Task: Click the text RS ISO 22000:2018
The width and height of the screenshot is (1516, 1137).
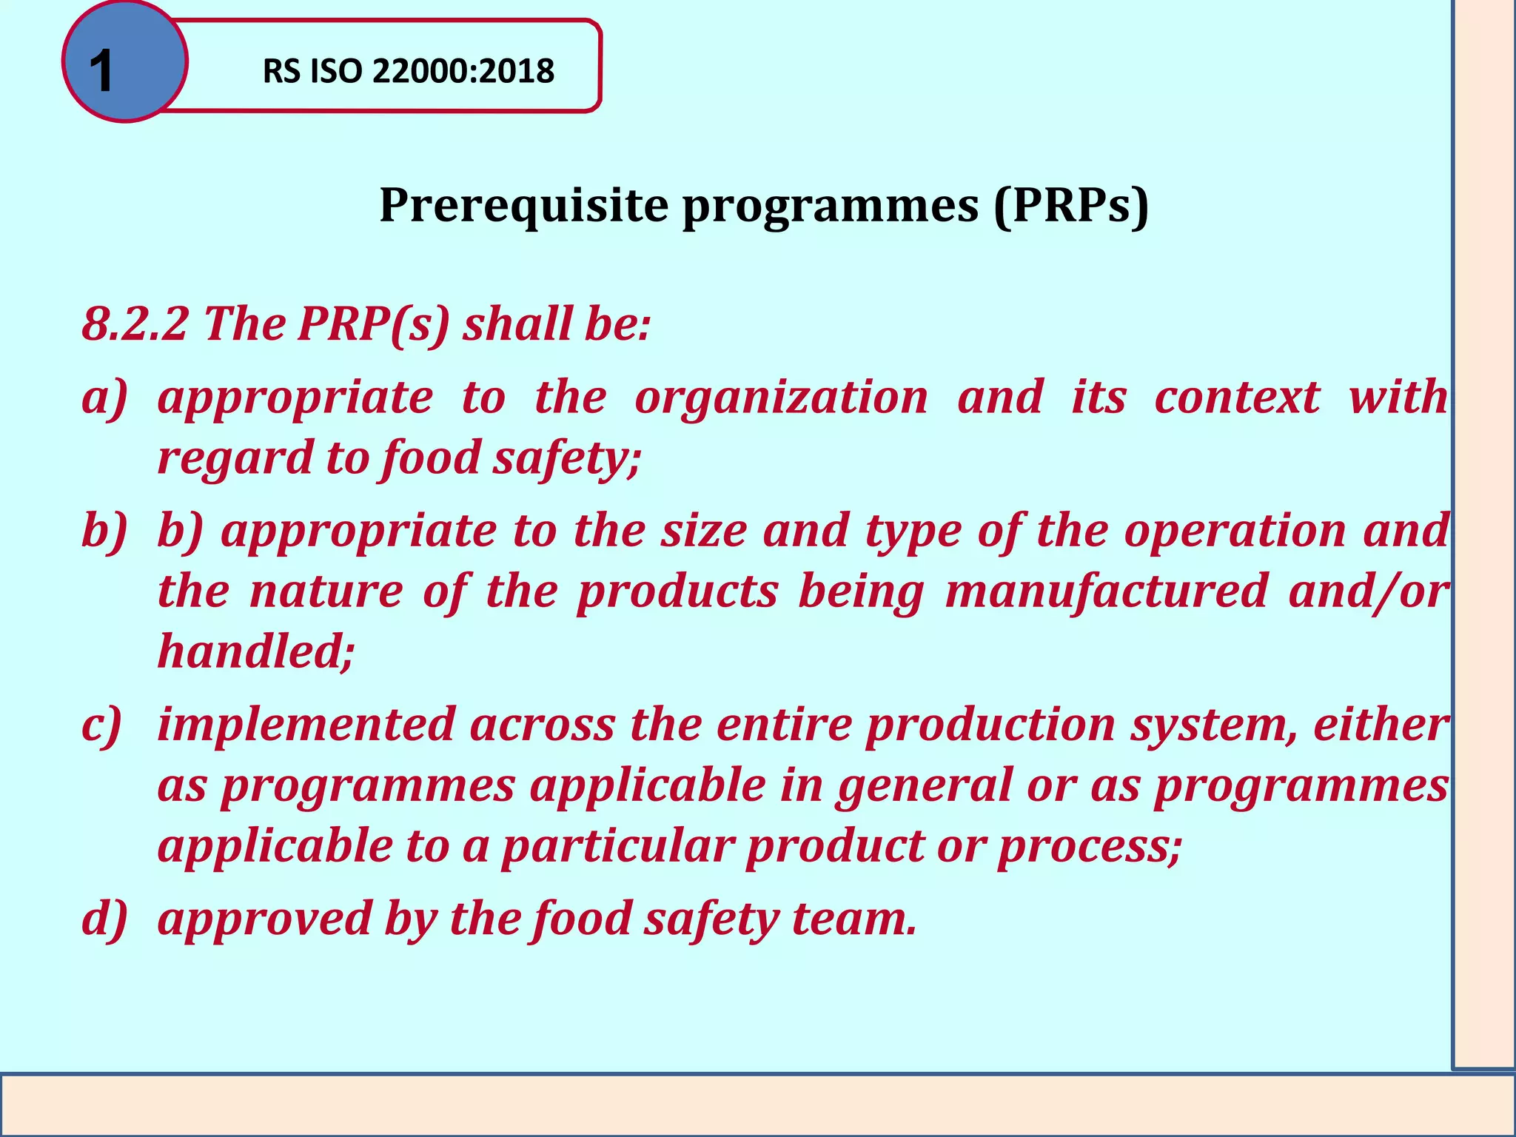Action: point(408,71)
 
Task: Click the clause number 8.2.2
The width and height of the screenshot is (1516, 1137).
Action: point(134,324)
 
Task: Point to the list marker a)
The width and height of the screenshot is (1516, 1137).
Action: point(104,398)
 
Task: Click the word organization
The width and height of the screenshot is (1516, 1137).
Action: point(781,398)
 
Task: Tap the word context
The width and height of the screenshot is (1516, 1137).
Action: point(1237,398)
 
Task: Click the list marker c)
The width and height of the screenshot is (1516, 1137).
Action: point(102,725)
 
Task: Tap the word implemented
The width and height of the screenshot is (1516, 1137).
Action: point(306,725)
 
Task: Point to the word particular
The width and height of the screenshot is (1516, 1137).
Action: point(617,845)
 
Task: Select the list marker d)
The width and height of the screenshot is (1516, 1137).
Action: point(104,919)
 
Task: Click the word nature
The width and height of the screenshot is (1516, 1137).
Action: point(326,591)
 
